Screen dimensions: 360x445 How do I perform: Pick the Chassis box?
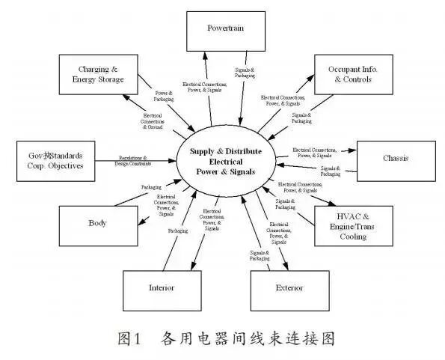point(394,159)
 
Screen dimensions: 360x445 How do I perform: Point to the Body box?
point(97,223)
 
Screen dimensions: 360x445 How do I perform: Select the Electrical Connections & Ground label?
point(154,121)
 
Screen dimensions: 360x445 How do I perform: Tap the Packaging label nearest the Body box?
point(152,186)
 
